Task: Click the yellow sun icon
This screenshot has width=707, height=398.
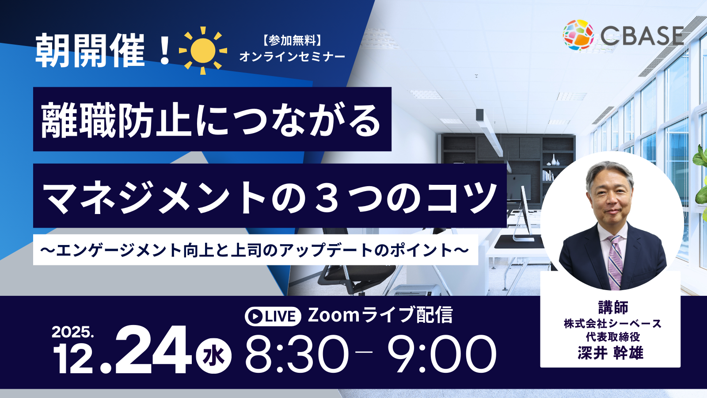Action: point(203,50)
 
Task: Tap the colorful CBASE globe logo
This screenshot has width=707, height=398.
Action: point(578,35)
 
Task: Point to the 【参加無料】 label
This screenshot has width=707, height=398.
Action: point(292,41)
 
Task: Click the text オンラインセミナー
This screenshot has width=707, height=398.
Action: point(292,57)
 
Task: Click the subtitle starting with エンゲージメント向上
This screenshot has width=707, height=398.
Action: point(255,250)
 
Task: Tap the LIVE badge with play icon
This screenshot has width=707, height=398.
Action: point(273,316)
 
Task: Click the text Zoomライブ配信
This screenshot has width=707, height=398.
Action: point(380,315)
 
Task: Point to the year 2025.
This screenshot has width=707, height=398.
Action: point(72,332)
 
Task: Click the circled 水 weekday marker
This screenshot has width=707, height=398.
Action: point(214,356)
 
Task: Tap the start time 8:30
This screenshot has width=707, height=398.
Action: point(297,354)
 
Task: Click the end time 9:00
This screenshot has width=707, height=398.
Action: point(442,354)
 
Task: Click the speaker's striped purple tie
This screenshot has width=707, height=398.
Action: point(615,262)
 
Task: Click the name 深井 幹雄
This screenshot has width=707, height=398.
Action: point(610,353)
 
